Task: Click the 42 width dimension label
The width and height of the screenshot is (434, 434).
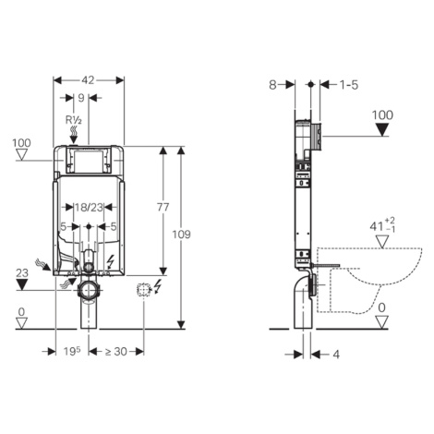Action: (88, 80)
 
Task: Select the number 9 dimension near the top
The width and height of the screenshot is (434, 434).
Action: (81, 98)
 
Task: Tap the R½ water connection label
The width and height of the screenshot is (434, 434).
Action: (74, 120)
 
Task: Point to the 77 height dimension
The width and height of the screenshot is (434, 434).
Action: (163, 207)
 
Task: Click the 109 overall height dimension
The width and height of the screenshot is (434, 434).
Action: (181, 235)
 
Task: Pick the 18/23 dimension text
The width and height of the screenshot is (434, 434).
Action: (89, 208)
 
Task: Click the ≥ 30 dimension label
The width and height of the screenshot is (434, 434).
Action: (116, 351)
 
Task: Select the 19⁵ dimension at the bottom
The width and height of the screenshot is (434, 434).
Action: (72, 351)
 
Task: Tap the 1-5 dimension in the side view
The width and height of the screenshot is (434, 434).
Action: (349, 85)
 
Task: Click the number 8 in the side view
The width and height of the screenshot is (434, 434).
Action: (272, 85)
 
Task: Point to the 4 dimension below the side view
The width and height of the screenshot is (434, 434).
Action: (336, 355)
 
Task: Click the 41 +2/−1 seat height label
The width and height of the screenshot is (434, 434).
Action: (382, 225)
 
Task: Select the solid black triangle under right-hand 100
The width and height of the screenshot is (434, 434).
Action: (382, 129)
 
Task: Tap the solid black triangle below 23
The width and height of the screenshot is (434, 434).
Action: (22, 284)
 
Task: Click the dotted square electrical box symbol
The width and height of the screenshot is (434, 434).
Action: (143, 290)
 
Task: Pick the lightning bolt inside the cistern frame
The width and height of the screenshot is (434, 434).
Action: (110, 262)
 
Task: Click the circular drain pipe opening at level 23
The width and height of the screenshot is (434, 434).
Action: (89, 290)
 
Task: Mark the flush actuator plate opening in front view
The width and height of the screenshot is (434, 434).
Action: (89, 160)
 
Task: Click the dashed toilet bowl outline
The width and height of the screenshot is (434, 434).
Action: (369, 280)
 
